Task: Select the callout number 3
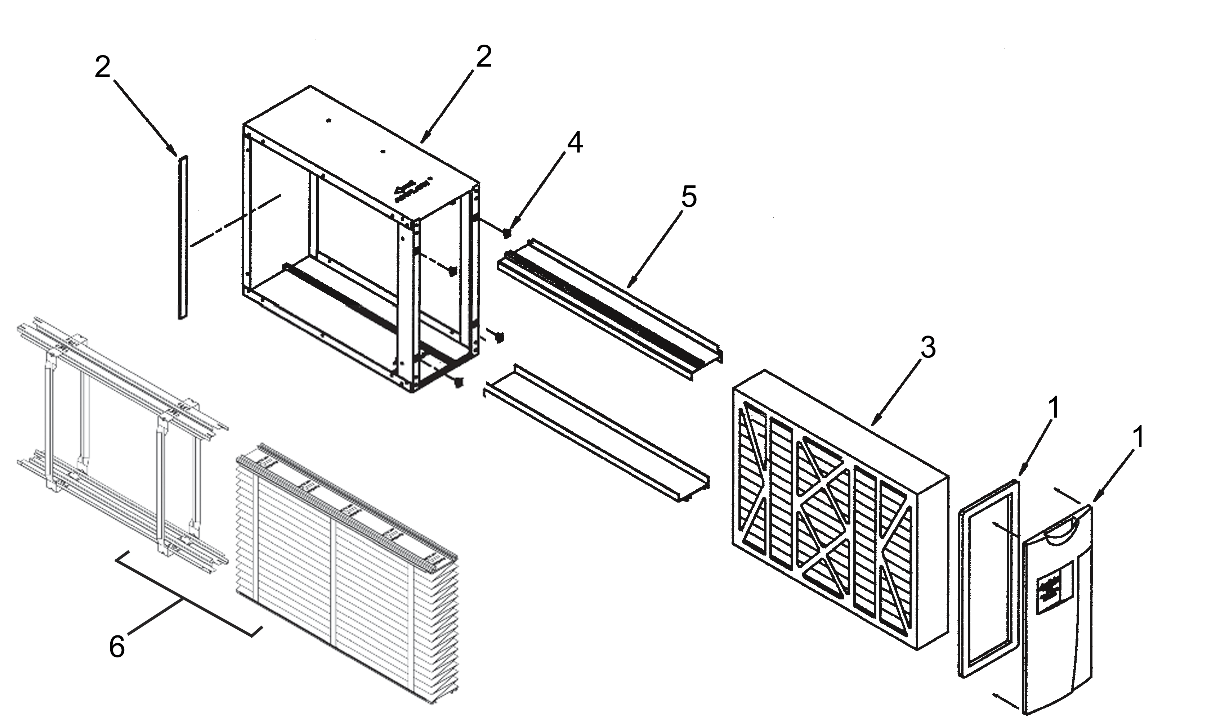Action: pyautogui.click(x=927, y=347)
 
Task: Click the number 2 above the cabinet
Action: pyautogui.click(x=483, y=57)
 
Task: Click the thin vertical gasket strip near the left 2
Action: pyautogui.click(x=183, y=238)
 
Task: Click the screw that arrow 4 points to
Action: pyautogui.click(x=506, y=233)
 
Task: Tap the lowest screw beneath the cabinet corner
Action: pyautogui.click(x=459, y=383)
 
